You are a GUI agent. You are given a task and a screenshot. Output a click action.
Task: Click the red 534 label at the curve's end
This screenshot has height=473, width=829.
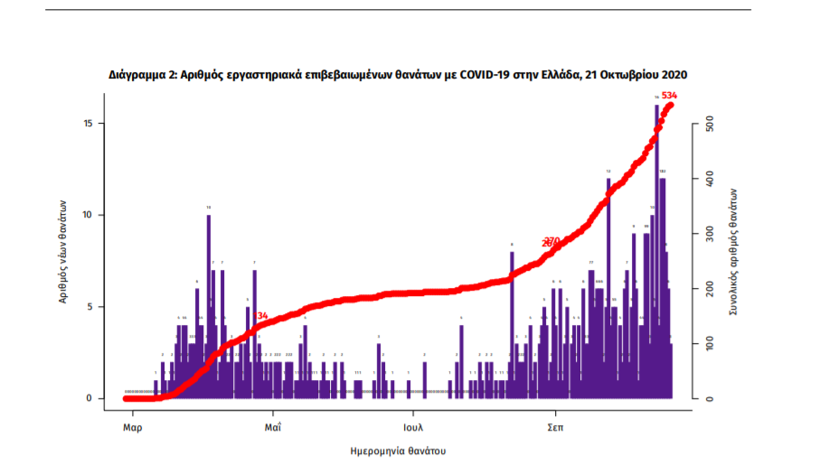coord(670,96)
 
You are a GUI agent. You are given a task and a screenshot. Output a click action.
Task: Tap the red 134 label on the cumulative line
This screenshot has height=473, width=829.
coord(262,316)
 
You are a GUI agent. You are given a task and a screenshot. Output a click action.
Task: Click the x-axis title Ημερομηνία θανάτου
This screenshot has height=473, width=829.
coord(398,450)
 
